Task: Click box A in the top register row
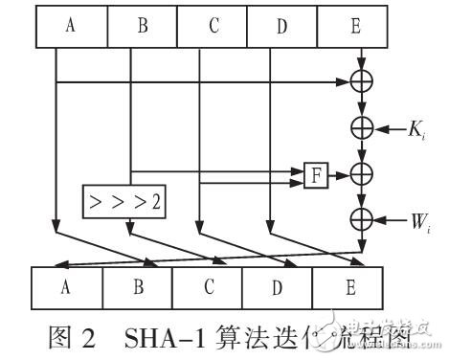click(70, 26)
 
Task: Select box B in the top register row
click(142, 26)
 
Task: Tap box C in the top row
click(213, 26)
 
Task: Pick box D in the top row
click(282, 26)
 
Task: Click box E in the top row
click(355, 26)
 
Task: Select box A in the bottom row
click(67, 285)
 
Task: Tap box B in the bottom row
click(137, 285)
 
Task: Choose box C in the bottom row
click(207, 285)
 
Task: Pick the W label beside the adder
click(416, 222)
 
